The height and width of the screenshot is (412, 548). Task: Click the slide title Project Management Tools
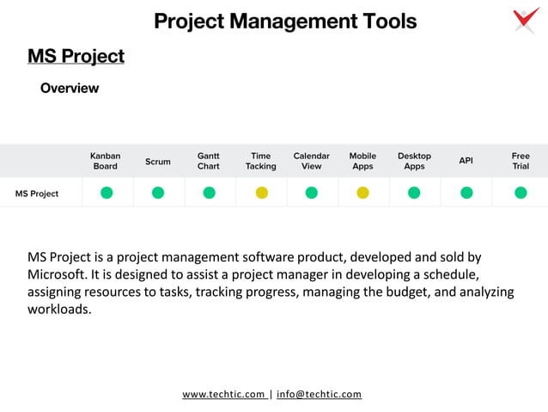click(285, 22)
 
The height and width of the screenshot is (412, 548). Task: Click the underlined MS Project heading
click(76, 57)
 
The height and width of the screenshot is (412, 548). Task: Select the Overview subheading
click(70, 89)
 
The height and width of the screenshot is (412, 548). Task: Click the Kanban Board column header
click(106, 161)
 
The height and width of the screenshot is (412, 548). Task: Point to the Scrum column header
click(158, 162)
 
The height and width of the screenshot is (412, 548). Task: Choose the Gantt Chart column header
click(209, 161)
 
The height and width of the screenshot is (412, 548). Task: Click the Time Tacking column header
click(261, 161)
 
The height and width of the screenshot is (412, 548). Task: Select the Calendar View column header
click(312, 161)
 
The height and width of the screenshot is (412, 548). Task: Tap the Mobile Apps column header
click(362, 161)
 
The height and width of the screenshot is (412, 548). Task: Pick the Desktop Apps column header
click(414, 161)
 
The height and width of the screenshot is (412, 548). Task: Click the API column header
click(466, 161)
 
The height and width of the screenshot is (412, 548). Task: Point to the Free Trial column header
click(521, 161)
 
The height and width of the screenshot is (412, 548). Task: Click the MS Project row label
click(37, 194)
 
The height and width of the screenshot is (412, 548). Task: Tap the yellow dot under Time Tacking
click(261, 193)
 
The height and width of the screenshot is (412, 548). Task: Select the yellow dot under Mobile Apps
click(362, 193)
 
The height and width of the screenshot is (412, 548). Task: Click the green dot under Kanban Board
click(107, 193)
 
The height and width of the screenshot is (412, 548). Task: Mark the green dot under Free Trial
click(521, 193)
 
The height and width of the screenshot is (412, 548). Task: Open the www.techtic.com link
click(223, 394)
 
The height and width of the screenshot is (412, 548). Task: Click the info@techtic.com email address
click(319, 394)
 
